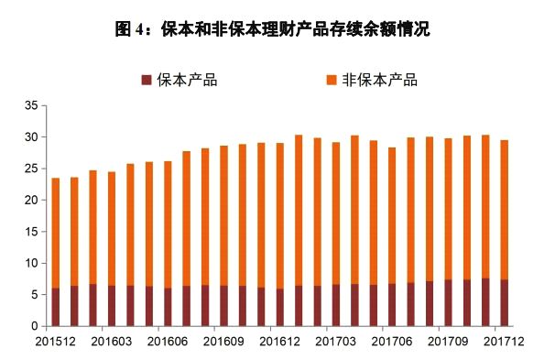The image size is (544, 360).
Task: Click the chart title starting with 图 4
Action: (x=272, y=28)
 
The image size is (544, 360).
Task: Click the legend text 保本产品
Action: (x=188, y=80)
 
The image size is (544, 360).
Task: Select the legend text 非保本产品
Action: (x=379, y=80)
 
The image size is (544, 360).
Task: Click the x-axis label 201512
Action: (x=56, y=341)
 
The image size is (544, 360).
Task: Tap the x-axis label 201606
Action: (x=168, y=341)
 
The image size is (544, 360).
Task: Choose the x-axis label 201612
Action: (x=279, y=341)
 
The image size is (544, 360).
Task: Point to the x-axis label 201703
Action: (x=335, y=341)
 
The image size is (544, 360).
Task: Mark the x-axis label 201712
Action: (x=503, y=341)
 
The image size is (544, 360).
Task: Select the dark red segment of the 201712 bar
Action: (x=503, y=303)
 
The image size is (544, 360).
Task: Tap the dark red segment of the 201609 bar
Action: (x=223, y=306)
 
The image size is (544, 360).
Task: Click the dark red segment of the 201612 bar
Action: (x=279, y=307)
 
